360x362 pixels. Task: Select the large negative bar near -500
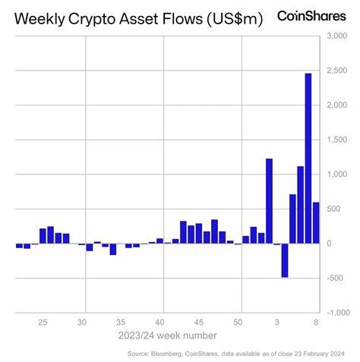[x=285, y=260]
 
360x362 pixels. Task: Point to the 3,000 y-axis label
[x=339, y=36]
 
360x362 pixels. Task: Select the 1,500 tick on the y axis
[x=339, y=140]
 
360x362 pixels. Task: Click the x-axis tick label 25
[x=43, y=322]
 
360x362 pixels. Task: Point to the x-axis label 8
[x=316, y=322]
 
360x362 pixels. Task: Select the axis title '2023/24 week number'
[x=167, y=335]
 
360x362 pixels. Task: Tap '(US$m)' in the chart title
[x=232, y=18]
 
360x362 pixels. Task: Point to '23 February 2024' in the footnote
[x=321, y=354]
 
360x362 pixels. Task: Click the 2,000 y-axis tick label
[x=339, y=105]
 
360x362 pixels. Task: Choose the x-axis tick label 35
[x=122, y=322]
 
